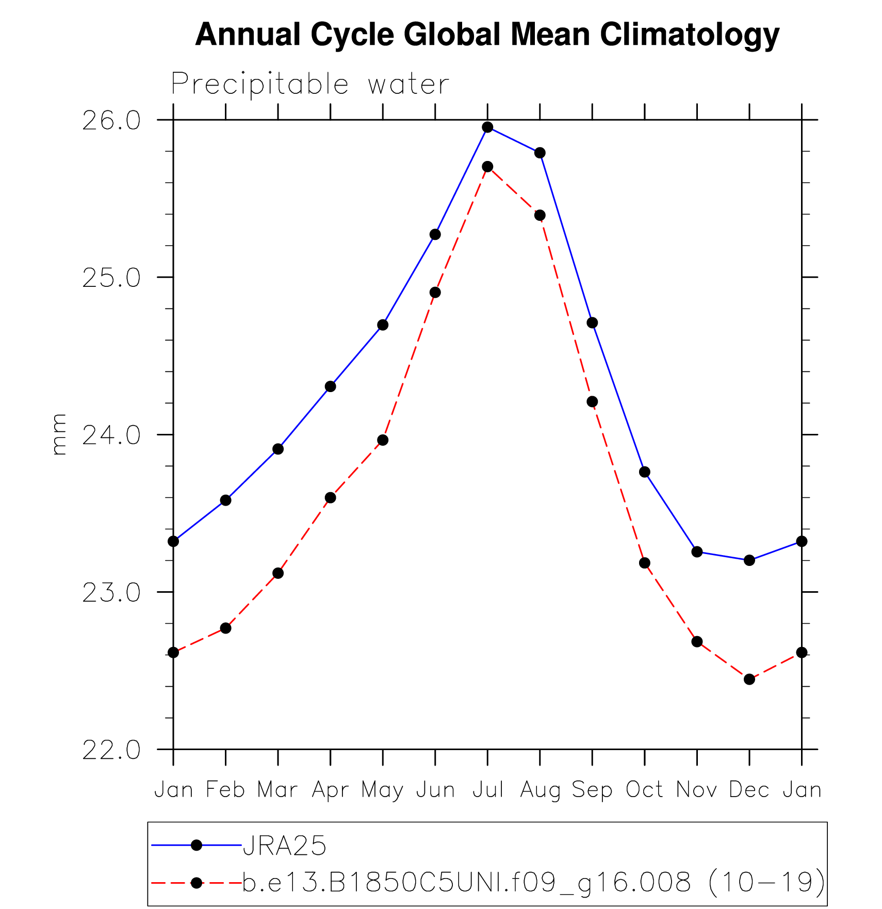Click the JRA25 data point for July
487,127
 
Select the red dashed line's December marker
749,679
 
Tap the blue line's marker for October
645,472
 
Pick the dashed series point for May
383,440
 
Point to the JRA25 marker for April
331,386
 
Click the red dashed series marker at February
225,628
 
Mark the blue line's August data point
540,153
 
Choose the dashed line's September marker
592,401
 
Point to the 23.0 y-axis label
111,593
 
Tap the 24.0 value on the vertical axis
111,435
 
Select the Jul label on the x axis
487,790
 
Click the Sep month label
592,790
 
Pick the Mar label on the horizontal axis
278,790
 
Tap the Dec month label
749,790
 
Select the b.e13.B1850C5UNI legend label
533,883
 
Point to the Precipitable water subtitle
310,84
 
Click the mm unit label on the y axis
59,434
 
